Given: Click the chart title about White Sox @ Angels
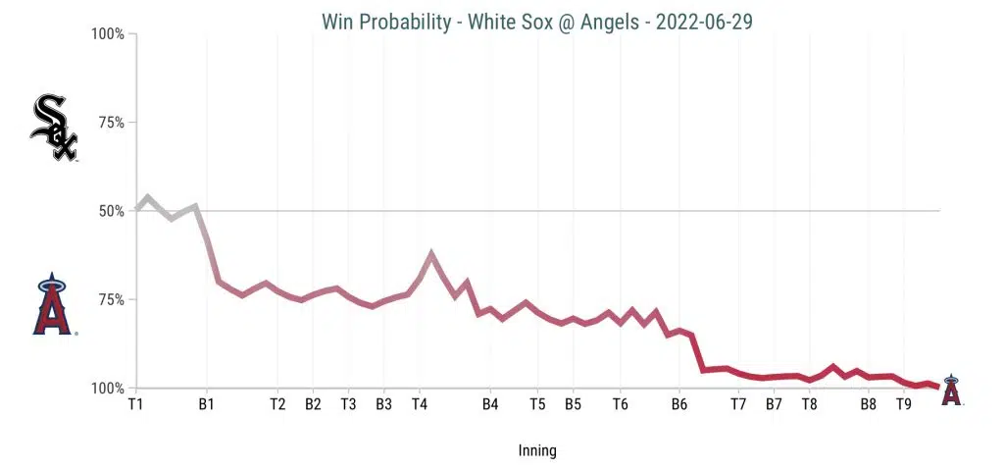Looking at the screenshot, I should [537, 21].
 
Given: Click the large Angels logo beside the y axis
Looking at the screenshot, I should [54, 306].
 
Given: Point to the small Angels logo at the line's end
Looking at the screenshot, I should [950, 390].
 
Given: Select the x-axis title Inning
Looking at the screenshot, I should [537, 451].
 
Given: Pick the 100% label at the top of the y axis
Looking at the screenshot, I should [107, 34].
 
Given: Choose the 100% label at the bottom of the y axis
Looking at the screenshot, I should [107, 389].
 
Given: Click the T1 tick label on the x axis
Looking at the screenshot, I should [135, 403].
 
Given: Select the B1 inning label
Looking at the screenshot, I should [206, 403].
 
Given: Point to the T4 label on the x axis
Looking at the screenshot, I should [420, 403].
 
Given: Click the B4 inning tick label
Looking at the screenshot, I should [490, 403].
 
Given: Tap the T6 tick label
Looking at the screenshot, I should [620, 403].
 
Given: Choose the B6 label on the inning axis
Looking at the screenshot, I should [678, 403].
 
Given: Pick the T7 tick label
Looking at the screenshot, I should [738, 403].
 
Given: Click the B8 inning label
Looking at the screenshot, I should [868, 403].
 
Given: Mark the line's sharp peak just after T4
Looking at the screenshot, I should [431, 253].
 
